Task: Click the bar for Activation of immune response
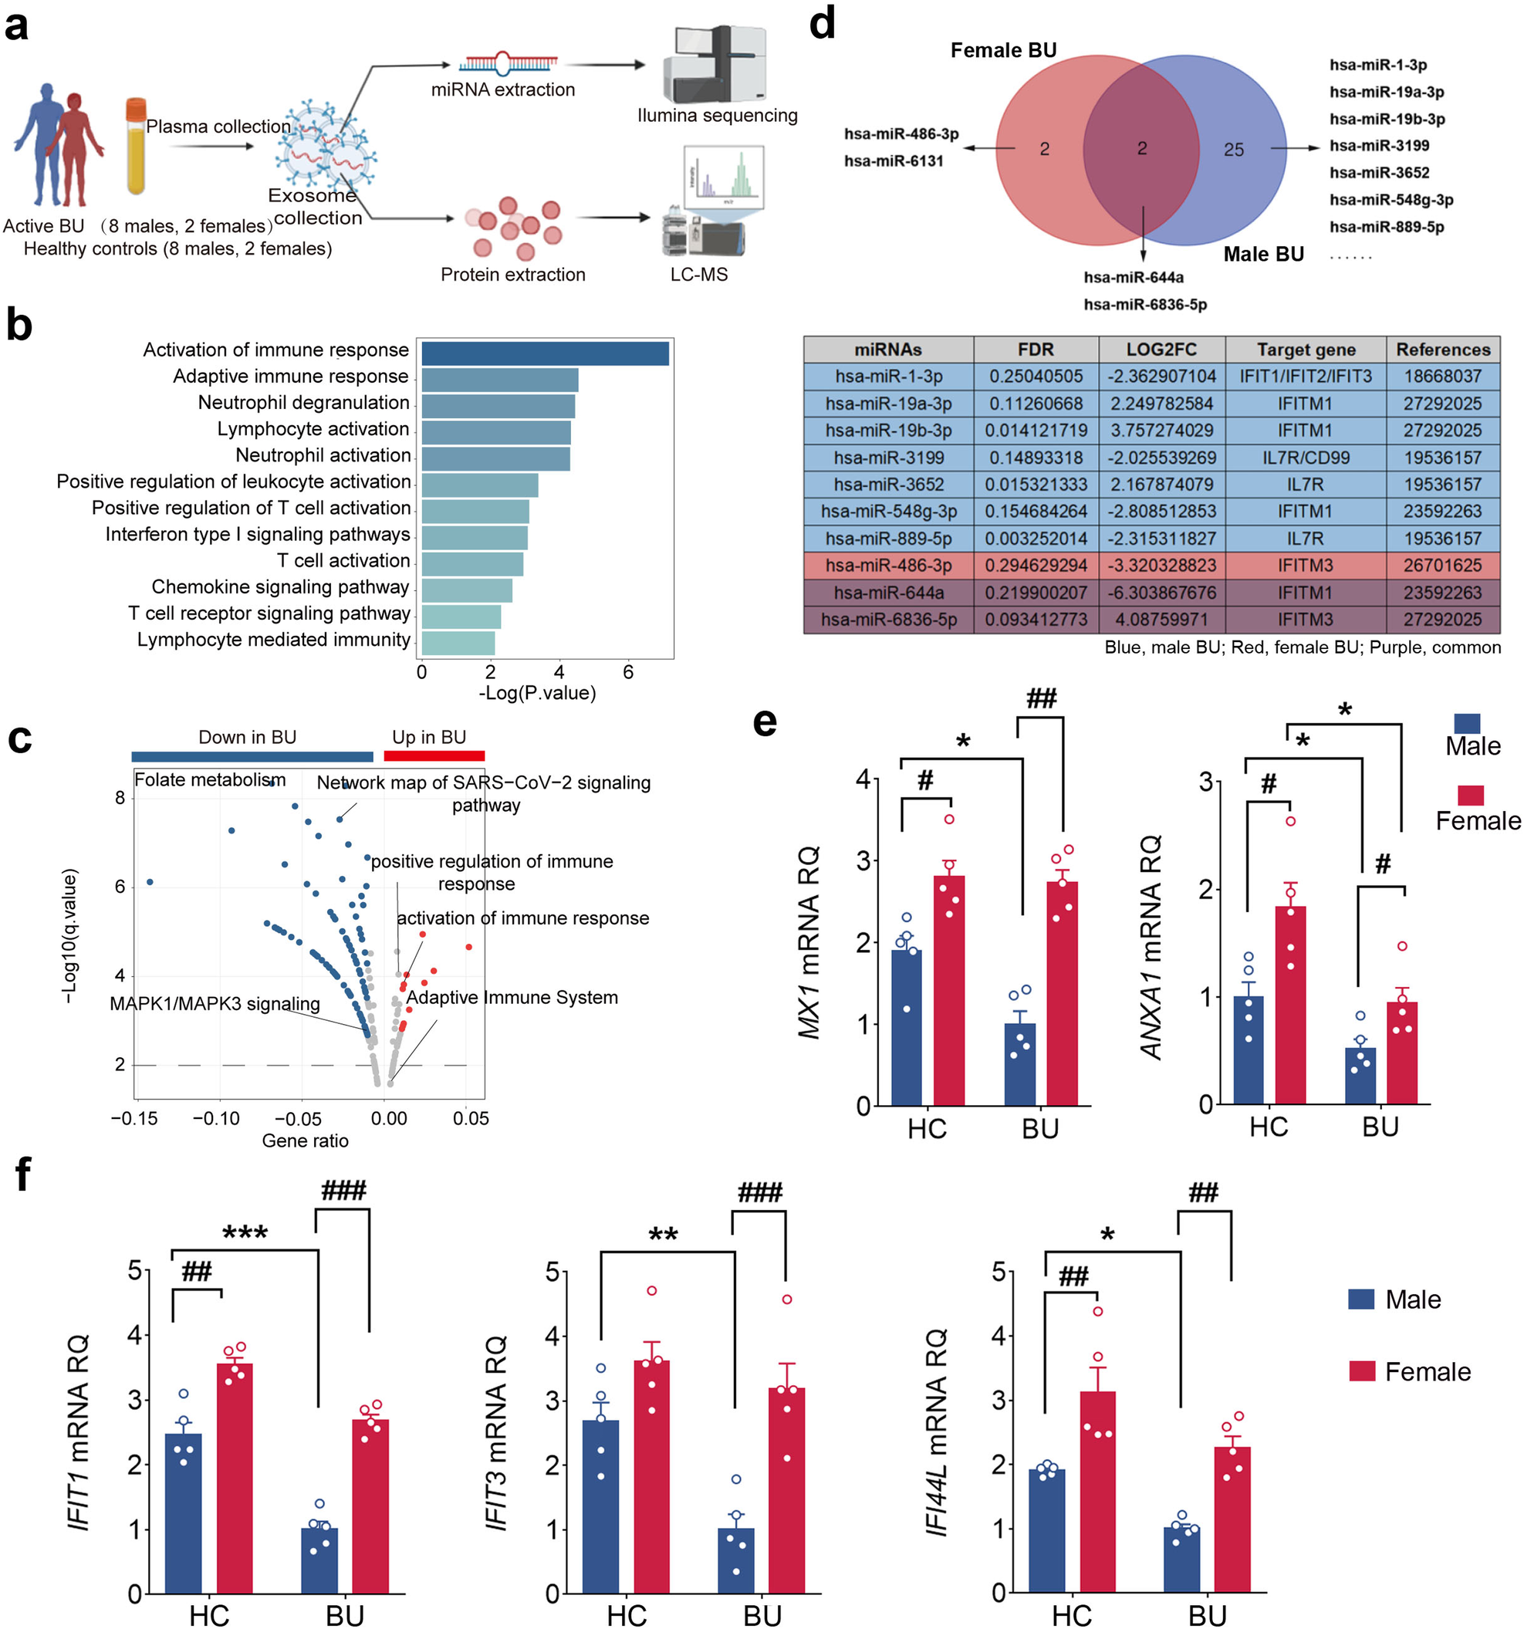pyautogui.click(x=544, y=354)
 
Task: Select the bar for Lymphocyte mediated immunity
pyautogui.click(x=457, y=643)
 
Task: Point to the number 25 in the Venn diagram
pyautogui.click(x=1233, y=150)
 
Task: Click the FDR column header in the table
pyautogui.click(x=1035, y=350)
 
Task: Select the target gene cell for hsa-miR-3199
pyautogui.click(x=1305, y=458)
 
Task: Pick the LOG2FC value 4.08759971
pyautogui.click(x=1161, y=620)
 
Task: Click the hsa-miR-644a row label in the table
pyautogui.click(x=888, y=593)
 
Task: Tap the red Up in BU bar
pyautogui.click(x=434, y=756)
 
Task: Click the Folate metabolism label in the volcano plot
pyautogui.click(x=210, y=780)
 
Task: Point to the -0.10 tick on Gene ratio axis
pyautogui.click(x=216, y=1118)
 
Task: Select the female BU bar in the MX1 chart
pyautogui.click(x=1062, y=993)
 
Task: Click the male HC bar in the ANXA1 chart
pyautogui.click(x=1248, y=1050)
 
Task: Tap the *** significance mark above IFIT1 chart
pyautogui.click(x=245, y=1233)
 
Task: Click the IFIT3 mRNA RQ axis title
pyautogui.click(x=495, y=1434)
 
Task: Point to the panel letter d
pyautogui.click(x=822, y=25)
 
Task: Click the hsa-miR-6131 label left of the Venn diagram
pyautogui.click(x=893, y=161)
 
